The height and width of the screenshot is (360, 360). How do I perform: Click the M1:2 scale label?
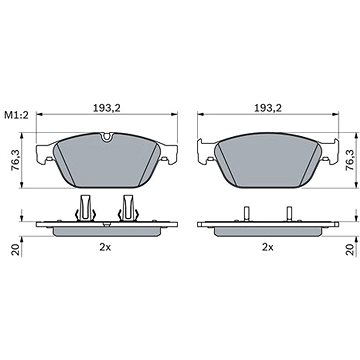point(17,116)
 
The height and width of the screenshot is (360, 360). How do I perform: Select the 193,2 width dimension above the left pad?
point(107,108)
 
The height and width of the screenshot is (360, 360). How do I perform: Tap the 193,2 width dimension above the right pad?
point(268,108)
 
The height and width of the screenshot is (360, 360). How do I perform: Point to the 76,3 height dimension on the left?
point(15,161)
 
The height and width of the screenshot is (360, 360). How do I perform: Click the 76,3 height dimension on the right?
point(349,160)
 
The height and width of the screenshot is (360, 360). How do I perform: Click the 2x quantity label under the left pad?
point(105,247)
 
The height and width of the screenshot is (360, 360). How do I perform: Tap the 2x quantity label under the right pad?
point(268,247)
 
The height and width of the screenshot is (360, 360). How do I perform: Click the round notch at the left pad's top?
point(107,137)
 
